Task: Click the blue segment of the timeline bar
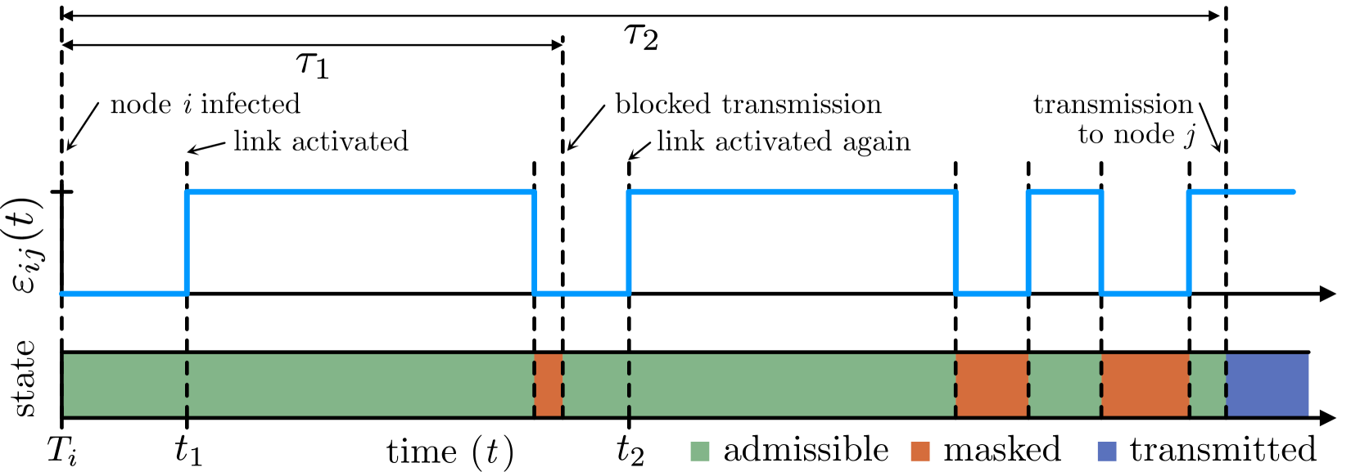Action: [1267, 384]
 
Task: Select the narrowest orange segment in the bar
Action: [548, 384]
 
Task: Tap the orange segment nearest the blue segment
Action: [1145, 384]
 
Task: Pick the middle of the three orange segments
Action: [992, 384]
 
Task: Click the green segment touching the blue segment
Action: [1208, 384]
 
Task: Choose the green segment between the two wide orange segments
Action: [1064, 384]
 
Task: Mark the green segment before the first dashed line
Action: [124, 384]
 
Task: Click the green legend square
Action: [700, 451]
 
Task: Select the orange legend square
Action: [920, 451]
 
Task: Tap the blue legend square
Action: [1107, 451]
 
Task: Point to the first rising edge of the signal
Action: [187, 242]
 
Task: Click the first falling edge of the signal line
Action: [534, 242]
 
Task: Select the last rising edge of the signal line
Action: [1189, 242]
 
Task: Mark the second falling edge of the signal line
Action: [956, 242]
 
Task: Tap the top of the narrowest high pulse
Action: [1064, 192]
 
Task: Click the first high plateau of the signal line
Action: [360, 192]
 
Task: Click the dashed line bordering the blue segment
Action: [1226, 384]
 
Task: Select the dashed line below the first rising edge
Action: [187, 384]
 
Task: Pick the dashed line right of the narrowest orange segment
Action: [563, 384]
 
